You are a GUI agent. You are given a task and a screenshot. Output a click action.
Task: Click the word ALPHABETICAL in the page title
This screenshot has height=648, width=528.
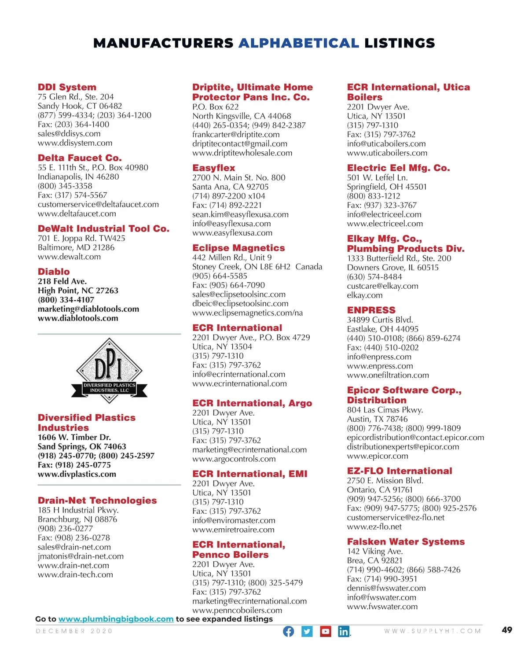pyautogui.click(x=299, y=43)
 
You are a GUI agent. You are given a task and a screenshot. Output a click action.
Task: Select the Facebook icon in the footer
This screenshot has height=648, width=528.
pyautogui.click(x=288, y=631)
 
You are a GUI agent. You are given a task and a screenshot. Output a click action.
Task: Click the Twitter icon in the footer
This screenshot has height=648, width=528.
pyautogui.click(x=307, y=631)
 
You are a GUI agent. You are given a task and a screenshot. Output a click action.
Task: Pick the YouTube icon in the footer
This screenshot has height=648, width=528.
pyautogui.click(x=325, y=631)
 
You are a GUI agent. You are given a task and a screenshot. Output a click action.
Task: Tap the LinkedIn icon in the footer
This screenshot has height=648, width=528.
pyautogui.click(x=344, y=631)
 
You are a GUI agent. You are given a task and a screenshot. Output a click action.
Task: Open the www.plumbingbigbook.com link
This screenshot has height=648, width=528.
pyautogui.click(x=116, y=619)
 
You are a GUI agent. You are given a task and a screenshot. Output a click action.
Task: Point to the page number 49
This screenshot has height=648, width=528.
pyautogui.click(x=507, y=630)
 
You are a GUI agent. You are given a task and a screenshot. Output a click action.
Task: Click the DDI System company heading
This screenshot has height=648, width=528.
pyautogui.click(x=67, y=87)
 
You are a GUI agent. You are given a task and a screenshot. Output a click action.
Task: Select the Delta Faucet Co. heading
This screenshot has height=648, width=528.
pyautogui.click(x=80, y=158)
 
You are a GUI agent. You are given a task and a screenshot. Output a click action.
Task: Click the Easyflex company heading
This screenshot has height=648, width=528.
pyautogui.click(x=214, y=168)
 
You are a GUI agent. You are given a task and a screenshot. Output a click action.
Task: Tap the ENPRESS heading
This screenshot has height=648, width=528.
pyautogui.click(x=371, y=310)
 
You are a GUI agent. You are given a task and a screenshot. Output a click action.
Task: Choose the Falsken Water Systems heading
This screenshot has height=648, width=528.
pyautogui.click(x=406, y=541)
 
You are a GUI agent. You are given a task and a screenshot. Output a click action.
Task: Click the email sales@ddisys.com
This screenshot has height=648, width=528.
pyautogui.click(x=69, y=133)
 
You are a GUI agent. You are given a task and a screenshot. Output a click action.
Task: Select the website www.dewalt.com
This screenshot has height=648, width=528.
pyautogui.click(x=69, y=257)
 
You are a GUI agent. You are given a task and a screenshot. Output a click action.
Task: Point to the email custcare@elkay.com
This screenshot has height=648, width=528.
pyautogui.click(x=382, y=286)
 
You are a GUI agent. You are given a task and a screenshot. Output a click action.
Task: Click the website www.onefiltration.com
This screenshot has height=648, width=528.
pyautogui.click(x=388, y=375)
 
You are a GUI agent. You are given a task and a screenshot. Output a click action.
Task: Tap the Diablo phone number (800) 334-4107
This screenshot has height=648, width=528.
pyautogui.click(x=66, y=300)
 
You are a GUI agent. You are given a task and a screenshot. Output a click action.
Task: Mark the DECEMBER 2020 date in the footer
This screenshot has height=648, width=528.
pyautogui.click(x=74, y=631)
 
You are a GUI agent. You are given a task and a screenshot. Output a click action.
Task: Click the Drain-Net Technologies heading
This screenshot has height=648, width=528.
pyautogui.click(x=97, y=501)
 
